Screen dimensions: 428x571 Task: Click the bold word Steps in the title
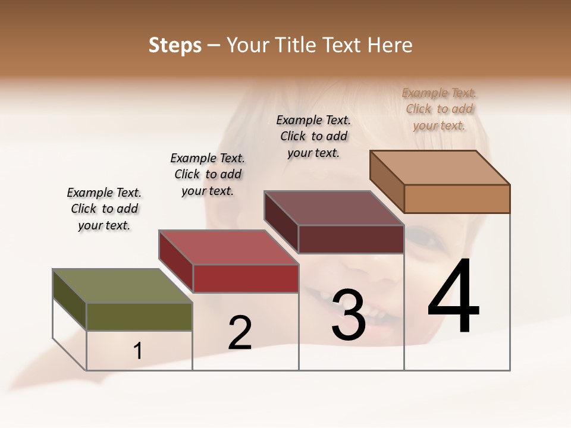click(x=175, y=45)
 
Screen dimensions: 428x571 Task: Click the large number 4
click(x=454, y=297)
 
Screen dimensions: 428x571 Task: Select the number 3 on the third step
click(x=348, y=314)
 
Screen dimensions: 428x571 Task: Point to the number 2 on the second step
click(x=240, y=332)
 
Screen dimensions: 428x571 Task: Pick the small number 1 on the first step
click(x=137, y=351)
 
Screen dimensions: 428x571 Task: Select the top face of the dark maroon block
click(x=334, y=207)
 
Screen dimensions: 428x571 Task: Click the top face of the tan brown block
click(x=440, y=167)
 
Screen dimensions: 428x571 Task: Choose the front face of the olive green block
click(x=139, y=316)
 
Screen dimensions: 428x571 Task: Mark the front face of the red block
click(x=246, y=278)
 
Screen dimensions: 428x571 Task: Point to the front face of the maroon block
click(x=351, y=239)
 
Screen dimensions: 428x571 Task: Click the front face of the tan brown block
click(x=457, y=199)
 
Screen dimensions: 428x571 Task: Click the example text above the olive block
click(x=104, y=209)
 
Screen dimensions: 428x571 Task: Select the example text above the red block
click(x=208, y=174)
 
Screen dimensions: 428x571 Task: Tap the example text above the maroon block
click(x=313, y=136)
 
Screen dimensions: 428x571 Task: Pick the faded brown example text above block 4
click(x=439, y=109)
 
